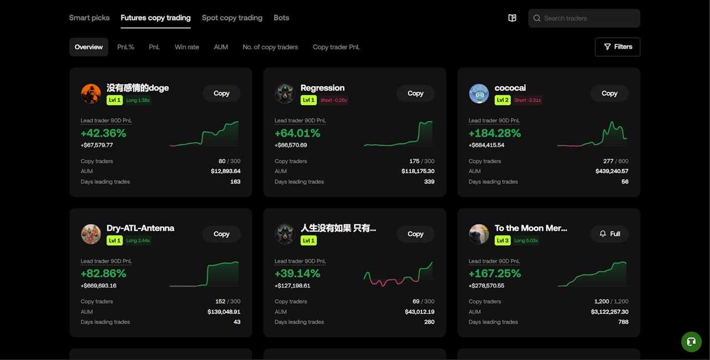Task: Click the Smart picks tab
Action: (89, 18)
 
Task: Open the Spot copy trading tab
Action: (232, 18)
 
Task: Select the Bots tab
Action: (281, 18)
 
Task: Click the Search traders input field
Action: (588, 18)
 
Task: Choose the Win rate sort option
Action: (186, 47)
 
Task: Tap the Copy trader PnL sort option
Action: (336, 47)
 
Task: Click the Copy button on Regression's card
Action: (415, 93)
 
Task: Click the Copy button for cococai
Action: (609, 93)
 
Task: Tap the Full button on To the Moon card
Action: (609, 234)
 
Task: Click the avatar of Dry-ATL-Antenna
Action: (91, 234)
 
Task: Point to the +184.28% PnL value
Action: (494, 133)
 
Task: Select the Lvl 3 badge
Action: (502, 241)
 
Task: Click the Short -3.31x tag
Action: (528, 100)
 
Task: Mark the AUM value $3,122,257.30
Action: (610, 312)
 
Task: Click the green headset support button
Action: (691, 342)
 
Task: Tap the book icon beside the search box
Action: (512, 18)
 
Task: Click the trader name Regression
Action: (322, 88)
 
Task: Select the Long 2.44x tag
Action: (138, 241)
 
